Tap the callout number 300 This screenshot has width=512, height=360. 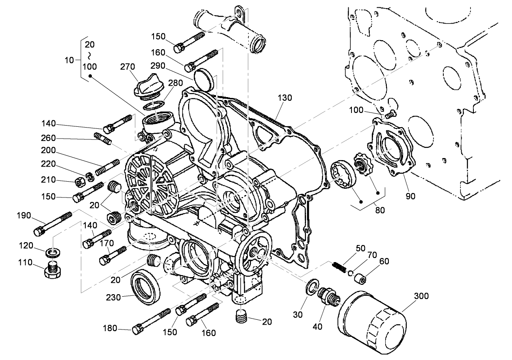click(x=421, y=296)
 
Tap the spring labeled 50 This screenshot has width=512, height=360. click(x=338, y=267)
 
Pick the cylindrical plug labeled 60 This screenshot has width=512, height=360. click(x=360, y=280)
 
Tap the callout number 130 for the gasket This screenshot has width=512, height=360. click(x=285, y=98)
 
